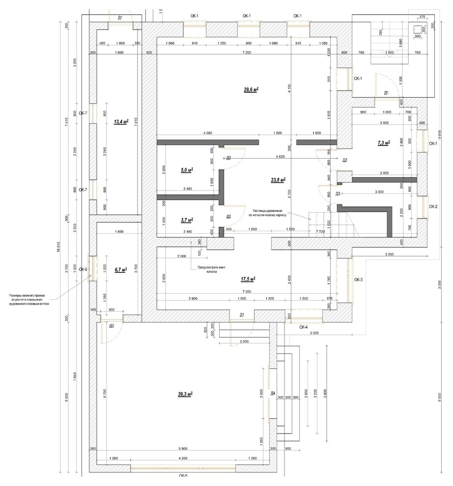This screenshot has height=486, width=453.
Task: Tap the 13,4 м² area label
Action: (x=120, y=121)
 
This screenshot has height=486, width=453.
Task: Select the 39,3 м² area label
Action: (x=185, y=394)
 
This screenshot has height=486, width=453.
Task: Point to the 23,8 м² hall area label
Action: (x=278, y=179)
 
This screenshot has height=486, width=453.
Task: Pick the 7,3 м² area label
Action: (x=383, y=143)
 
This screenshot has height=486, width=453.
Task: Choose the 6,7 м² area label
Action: (x=120, y=270)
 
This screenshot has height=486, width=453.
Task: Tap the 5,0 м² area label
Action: (x=187, y=170)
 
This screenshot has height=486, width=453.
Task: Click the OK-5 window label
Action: (x=183, y=476)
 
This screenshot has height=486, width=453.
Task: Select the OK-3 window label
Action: (x=358, y=279)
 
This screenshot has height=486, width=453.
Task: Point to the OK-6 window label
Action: (x=83, y=269)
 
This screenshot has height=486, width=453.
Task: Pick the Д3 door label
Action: (x=338, y=194)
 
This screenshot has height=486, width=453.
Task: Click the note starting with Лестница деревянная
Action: (x=269, y=212)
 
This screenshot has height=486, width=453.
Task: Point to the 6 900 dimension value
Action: (x=183, y=449)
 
